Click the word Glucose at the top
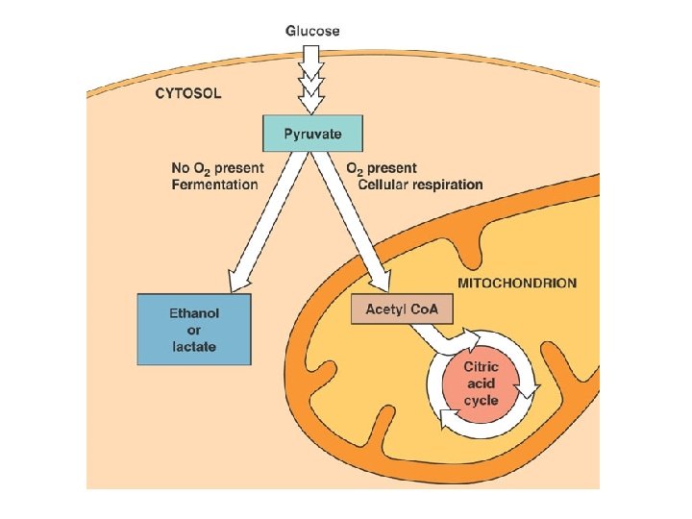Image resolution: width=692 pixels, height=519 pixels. click(311, 30)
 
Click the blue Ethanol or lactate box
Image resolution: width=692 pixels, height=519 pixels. click(193, 330)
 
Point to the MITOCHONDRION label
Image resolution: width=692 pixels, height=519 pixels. click(517, 284)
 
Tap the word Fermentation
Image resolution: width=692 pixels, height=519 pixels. click(214, 185)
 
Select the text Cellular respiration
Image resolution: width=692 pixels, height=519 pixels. click(419, 185)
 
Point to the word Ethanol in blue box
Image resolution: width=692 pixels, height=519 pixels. click(193, 313)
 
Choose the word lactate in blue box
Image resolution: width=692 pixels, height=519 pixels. click(193, 346)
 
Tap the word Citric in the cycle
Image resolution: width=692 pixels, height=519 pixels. click(481, 367)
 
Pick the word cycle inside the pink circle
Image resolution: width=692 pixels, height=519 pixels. click(481, 400)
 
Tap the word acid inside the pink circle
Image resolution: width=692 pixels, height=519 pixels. click(481, 383)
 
